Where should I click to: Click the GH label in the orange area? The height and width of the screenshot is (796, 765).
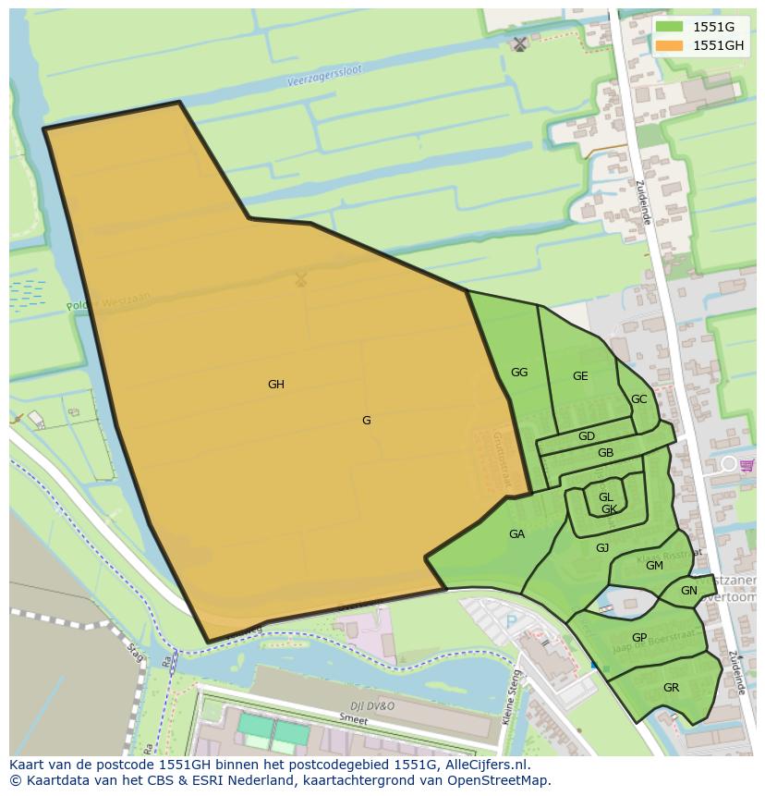275,385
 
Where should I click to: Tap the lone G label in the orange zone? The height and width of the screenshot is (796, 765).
366,421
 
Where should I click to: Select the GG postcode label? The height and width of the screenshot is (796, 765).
519,373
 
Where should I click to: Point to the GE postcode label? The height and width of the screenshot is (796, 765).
580,376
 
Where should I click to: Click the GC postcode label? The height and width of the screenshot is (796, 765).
638,399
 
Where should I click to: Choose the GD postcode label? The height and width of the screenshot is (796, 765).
587,436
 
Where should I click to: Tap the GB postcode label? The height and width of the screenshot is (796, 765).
605,453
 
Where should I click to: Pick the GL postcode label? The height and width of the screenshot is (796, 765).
605,497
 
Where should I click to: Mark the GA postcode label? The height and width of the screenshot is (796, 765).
516,534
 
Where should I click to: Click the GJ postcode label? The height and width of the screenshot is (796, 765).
602,548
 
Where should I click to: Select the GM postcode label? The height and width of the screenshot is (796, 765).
654,566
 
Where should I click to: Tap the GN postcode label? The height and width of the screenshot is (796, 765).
689,591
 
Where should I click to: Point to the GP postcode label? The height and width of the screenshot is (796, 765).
639,638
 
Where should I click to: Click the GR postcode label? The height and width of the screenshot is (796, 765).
671,688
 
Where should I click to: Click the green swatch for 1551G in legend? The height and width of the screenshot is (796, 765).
670,27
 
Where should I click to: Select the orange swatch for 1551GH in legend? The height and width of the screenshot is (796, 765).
670,45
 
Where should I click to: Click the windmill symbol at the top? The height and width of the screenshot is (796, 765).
520,43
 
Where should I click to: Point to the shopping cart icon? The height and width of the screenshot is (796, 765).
747,465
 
